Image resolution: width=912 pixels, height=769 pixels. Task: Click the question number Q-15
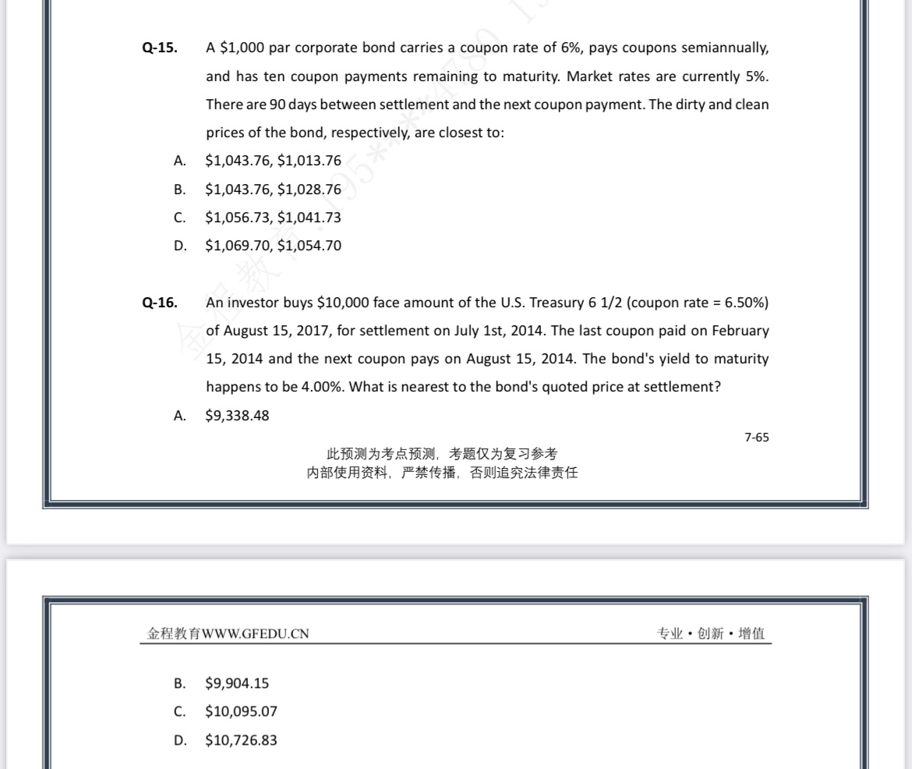point(159,48)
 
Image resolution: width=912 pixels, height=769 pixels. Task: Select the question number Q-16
point(159,303)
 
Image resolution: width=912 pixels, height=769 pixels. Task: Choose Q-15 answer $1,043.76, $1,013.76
point(273,161)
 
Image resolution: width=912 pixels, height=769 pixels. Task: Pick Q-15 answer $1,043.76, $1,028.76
point(273,190)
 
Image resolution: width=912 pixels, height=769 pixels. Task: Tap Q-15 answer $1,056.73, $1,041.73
point(273,218)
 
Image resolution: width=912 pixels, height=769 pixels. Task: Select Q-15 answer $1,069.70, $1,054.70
point(273,246)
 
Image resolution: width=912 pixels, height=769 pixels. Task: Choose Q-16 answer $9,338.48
point(237,416)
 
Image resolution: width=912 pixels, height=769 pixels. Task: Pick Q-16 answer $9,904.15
point(237,683)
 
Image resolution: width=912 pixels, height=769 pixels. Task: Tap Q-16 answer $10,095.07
point(241,711)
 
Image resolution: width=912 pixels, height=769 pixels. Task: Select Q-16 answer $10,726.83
point(241,740)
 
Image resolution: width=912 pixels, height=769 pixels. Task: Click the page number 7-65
point(756,438)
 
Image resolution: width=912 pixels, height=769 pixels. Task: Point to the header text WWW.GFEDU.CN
point(256,634)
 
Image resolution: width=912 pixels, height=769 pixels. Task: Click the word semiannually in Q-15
point(725,48)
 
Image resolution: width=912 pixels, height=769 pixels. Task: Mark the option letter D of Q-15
point(180,246)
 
